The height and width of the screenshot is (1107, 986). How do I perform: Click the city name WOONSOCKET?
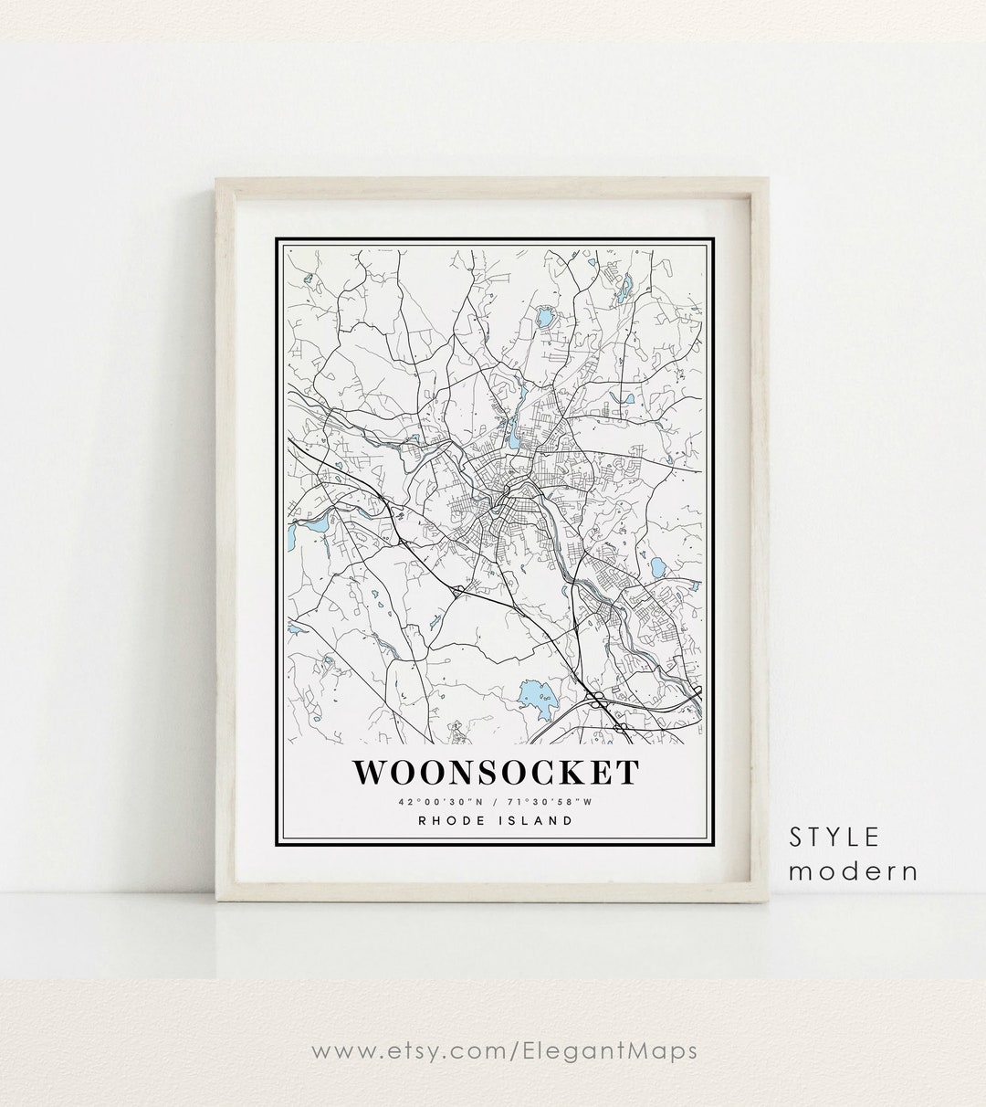(x=495, y=772)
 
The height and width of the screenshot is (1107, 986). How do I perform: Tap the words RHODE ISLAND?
(x=495, y=820)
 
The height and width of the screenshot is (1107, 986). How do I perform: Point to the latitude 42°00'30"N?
(x=437, y=802)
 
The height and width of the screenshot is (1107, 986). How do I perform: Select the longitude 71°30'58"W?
(x=553, y=802)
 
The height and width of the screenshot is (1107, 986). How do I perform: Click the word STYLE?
(x=835, y=836)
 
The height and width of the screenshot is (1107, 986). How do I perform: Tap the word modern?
(x=854, y=870)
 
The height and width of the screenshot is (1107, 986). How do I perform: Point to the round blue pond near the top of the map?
(x=545, y=318)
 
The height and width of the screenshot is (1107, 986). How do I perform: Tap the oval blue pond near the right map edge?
(x=656, y=566)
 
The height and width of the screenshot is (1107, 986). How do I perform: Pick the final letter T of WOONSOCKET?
(x=627, y=772)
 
